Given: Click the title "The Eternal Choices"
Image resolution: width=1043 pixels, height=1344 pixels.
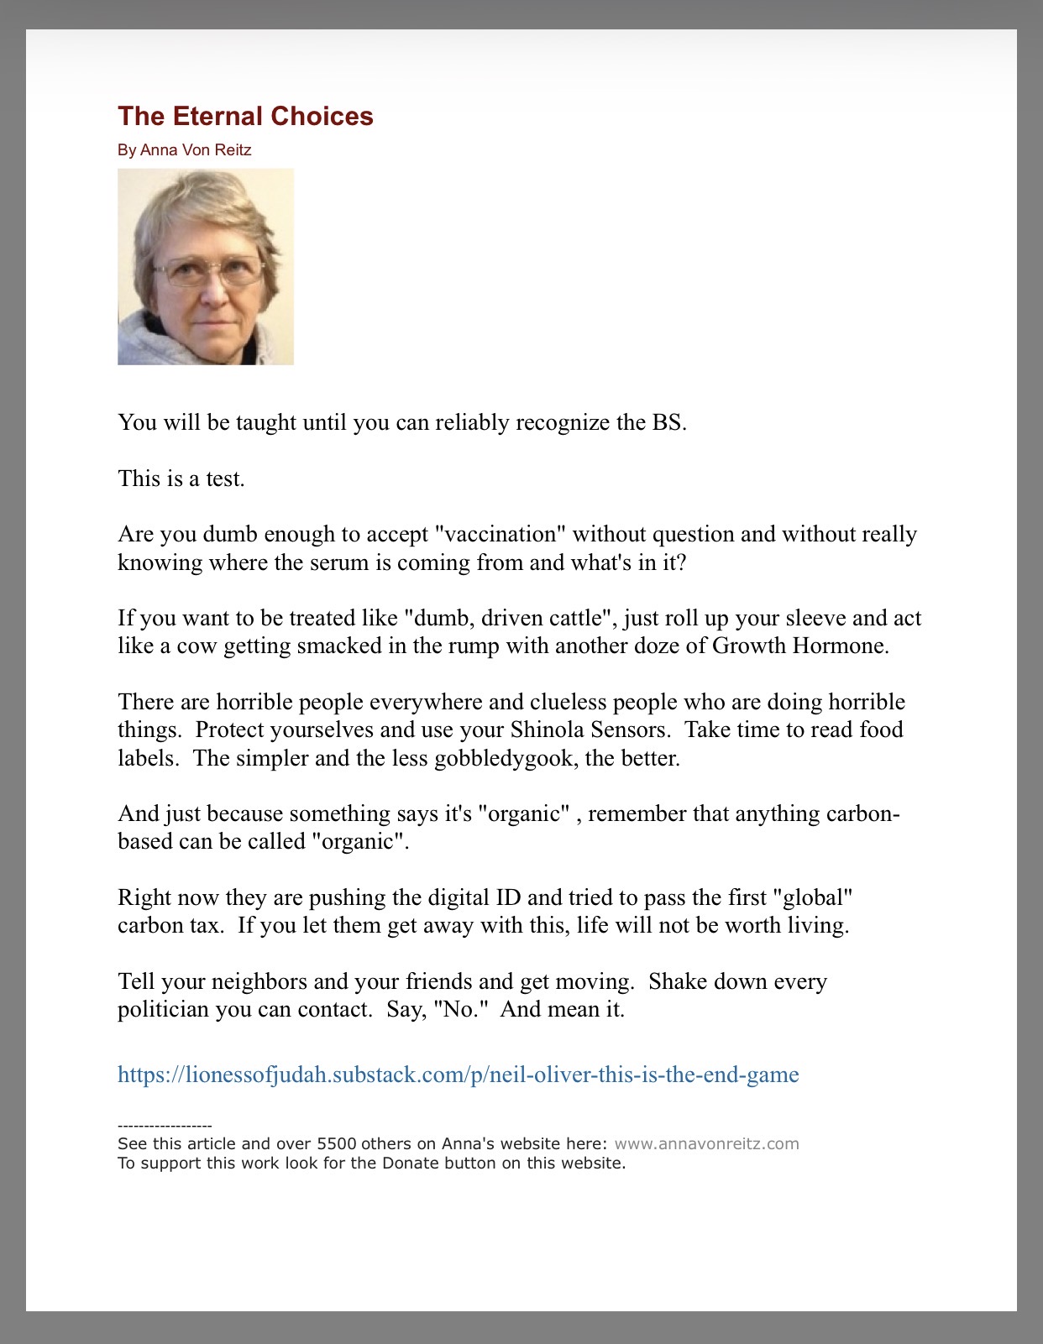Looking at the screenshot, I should tap(245, 116).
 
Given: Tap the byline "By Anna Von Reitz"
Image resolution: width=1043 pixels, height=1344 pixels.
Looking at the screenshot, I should tap(185, 150).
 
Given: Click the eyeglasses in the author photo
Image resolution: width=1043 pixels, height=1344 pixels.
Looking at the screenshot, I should tap(208, 271).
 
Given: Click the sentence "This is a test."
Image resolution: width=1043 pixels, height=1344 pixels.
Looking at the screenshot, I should tap(181, 479).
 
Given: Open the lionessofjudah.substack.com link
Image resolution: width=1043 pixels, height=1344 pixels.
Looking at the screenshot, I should tap(458, 1075).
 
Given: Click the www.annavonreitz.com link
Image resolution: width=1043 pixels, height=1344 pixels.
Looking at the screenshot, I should tap(706, 1143).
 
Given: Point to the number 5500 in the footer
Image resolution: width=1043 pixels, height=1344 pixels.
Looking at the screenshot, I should tap(336, 1143).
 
